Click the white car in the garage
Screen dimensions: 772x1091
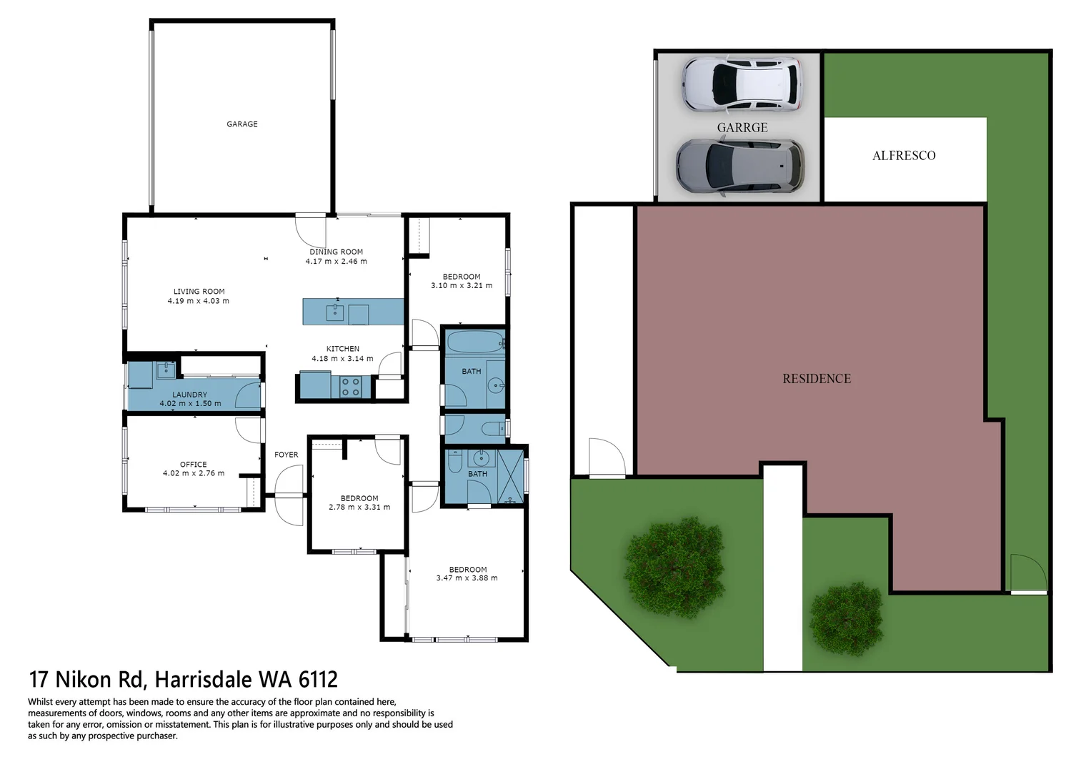741,84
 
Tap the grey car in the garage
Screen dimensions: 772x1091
739,167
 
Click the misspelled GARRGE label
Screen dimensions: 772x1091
742,128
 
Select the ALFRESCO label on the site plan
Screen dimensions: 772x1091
903,156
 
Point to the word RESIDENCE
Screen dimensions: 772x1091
817,379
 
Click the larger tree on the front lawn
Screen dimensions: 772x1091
674,568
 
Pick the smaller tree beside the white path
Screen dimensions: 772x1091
846,618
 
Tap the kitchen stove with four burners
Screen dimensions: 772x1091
350,387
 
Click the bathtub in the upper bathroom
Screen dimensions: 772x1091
474,342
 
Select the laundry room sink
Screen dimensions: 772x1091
166,370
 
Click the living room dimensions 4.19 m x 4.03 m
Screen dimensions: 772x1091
199,301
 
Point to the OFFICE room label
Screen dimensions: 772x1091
193,464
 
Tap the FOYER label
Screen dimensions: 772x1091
286,455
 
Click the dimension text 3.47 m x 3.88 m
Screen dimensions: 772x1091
467,578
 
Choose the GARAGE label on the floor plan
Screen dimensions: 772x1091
242,124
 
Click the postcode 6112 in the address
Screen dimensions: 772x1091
318,679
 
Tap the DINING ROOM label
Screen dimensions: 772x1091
336,252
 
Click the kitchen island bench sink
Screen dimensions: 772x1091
335,312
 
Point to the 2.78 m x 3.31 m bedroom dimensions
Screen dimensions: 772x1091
359,508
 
